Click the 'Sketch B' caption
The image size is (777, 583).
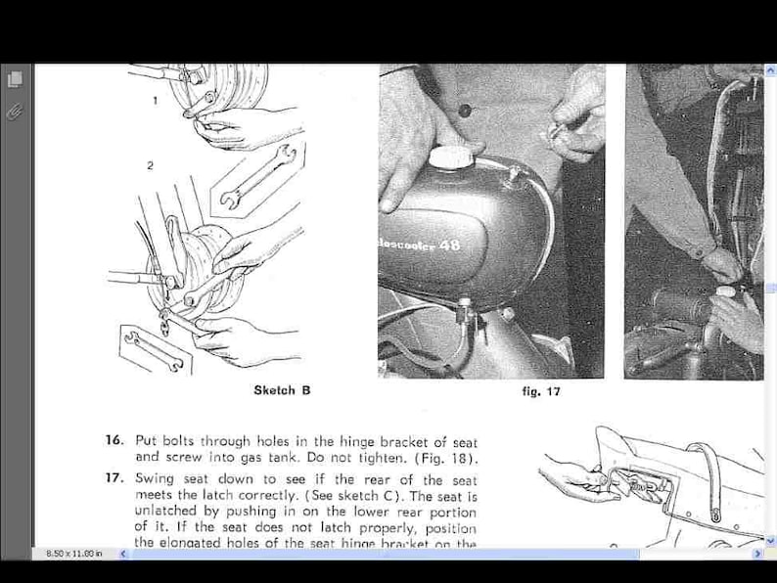pyautogui.click(x=282, y=390)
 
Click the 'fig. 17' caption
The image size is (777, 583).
pyautogui.click(x=541, y=391)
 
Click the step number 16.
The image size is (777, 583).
pyautogui.click(x=114, y=440)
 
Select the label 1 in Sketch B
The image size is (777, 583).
pyautogui.click(x=154, y=101)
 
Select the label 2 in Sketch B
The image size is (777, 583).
pyautogui.click(x=150, y=165)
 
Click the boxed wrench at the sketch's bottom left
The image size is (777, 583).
pyautogui.click(x=152, y=347)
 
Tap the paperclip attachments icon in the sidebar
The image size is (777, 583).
pyautogui.click(x=15, y=112)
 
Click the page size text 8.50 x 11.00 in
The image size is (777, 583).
pyautogui.click(x=74, y=554)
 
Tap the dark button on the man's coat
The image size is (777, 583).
pyautogui.click(x=464, y=111)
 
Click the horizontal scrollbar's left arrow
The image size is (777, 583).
pyautogui.click(x=123, y=554)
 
